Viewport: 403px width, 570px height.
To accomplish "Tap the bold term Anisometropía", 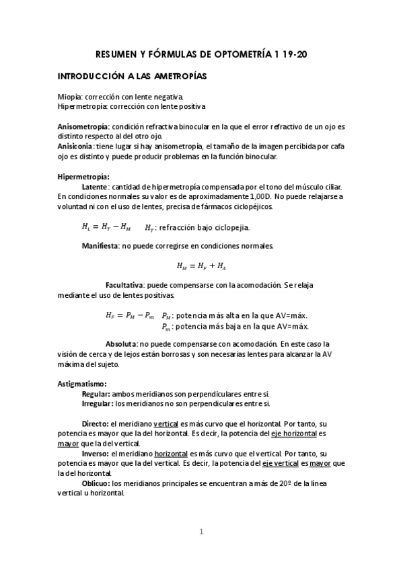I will coord(83,126).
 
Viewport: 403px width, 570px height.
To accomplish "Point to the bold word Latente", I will coord(94,186).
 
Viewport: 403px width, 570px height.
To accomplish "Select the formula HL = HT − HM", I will coord(106,227).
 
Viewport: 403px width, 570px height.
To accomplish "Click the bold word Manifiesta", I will coord(101,246).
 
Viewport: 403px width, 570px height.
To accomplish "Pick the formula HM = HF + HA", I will coord(200,266).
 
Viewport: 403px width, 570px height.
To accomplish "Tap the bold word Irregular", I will coord(97,403).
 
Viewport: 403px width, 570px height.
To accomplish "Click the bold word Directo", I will coord(94,424).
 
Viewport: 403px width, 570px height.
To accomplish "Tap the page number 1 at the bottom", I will coord(200,532).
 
